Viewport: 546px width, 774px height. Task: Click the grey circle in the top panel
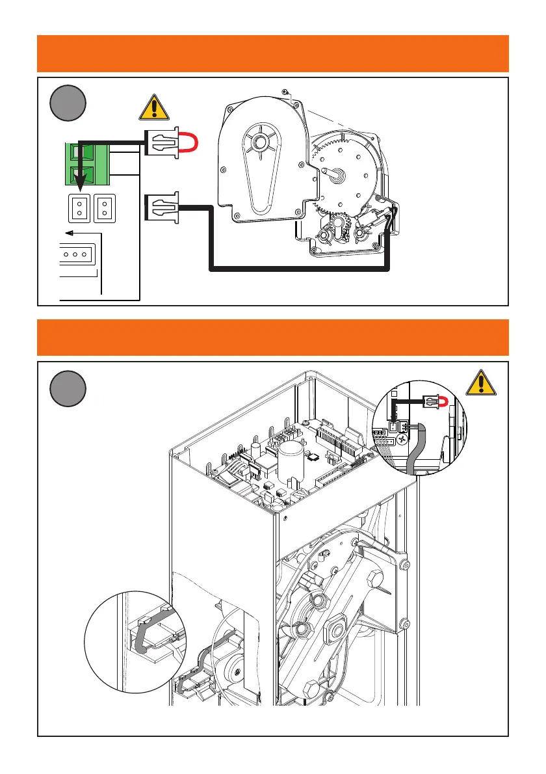(x=68, y=103)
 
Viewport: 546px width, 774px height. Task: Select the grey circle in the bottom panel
(x=68, y=388)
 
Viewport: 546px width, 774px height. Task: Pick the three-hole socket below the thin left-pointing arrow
(x=77, y=254)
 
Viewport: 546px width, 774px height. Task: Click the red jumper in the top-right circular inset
(x=441, y=402)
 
